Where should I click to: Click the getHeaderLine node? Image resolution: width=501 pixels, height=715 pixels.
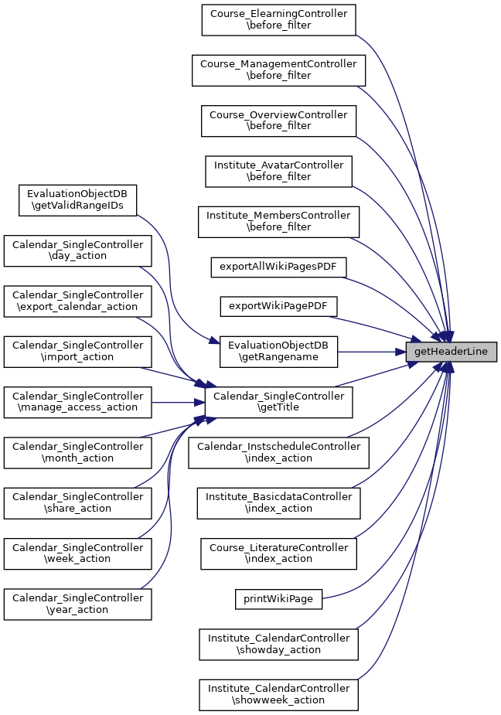(451, 352)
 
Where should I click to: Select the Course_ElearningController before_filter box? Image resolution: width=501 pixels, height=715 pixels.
(278, 20)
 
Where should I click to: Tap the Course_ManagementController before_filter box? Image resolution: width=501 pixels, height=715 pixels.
(278, 70)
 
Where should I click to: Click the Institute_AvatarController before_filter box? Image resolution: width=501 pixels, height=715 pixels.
(278, 172)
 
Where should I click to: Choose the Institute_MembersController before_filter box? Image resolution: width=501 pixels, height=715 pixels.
(278, 222)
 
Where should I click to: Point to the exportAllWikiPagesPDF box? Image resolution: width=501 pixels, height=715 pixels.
(278, 267)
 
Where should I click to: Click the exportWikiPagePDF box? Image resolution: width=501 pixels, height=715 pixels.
(278, 306)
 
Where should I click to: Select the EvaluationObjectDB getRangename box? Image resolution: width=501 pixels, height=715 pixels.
(278, 352)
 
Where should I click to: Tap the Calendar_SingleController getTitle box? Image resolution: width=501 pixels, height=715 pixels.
(278, 403)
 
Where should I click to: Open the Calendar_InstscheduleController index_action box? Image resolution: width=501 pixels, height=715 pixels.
(278, 453)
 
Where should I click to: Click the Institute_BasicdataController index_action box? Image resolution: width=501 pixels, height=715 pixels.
(278, 503)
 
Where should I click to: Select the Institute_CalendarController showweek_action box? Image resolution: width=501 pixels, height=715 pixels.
(278, 695)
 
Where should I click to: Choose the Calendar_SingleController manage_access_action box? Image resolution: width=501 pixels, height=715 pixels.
(77, 403)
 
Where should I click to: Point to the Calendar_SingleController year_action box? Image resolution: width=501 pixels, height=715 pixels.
(77, 604)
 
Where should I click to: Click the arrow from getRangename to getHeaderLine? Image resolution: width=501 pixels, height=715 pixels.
(371, 352)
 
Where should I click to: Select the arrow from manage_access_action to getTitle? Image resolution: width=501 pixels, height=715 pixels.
(178, 403)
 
